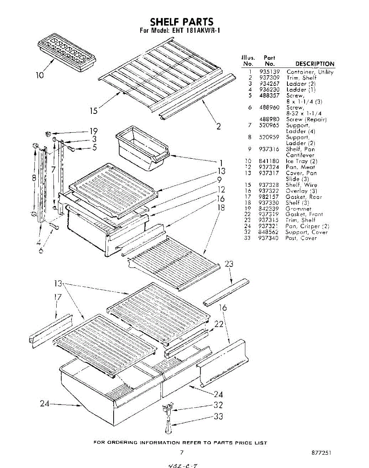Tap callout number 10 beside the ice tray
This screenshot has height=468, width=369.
coord(40,74)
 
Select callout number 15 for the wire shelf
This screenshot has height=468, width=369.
coord(93,111)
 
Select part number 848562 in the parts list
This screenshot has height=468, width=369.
coord(269,232)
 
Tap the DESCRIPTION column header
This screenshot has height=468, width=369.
coord(315,64)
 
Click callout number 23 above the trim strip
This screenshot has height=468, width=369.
coord(229,264)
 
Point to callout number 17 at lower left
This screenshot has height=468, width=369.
coord(57,298)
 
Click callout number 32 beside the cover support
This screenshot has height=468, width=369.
coord(218,405)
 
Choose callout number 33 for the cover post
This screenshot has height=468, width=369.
coord(218,417)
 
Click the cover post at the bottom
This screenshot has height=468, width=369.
coord(169,426)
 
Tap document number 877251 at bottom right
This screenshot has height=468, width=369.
coord(322,453)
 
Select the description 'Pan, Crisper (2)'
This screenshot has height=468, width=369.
coord(307,226)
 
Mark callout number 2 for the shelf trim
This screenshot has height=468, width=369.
coord(219,126)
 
